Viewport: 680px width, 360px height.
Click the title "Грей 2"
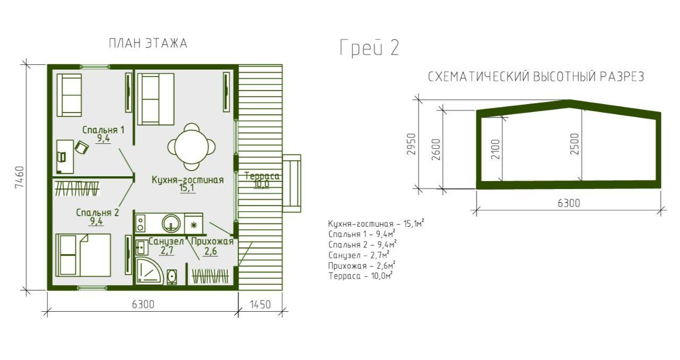369,48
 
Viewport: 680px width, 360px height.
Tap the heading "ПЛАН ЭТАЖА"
148,44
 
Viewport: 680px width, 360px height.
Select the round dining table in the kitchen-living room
192,147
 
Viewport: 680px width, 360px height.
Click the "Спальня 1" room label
104,130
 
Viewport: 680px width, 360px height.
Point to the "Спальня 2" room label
97,212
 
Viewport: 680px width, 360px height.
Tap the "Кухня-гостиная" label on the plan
188,179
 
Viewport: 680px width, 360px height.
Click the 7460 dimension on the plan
19,177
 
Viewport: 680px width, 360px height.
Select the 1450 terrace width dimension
260,304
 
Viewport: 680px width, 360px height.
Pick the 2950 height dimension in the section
411,144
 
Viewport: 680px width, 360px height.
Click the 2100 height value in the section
495,149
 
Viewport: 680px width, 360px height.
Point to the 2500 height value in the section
575,144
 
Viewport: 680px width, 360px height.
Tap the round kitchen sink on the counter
171,224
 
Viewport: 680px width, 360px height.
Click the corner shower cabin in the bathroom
149,271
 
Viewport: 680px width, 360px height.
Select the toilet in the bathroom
172,277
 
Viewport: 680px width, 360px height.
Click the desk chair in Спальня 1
82,148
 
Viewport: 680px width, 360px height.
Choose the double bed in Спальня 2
83,255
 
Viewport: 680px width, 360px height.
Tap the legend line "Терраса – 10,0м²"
361,276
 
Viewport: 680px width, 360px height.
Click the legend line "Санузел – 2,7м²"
359,255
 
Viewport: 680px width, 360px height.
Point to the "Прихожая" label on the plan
212,242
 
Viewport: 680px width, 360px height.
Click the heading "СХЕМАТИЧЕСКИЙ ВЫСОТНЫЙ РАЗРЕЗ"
536,77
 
